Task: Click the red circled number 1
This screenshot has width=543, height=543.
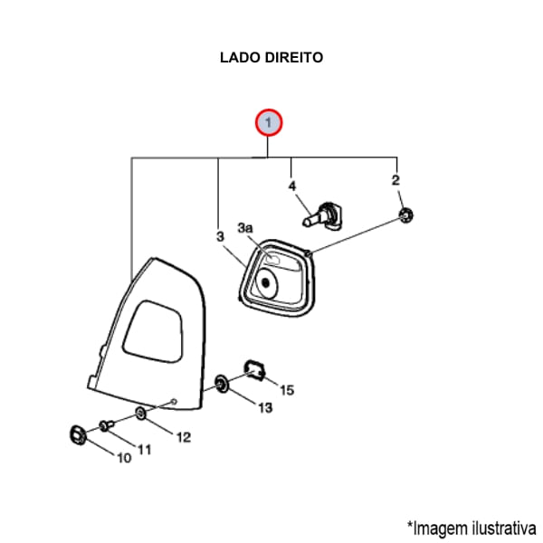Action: point(269,122)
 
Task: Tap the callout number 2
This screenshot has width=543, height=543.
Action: point(395,181)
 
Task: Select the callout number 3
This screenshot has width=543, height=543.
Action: point(220,236)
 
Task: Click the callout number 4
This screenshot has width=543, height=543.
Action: point(291,187)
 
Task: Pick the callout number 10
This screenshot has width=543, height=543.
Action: point(123,458)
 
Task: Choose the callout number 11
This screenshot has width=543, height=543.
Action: point(145,449)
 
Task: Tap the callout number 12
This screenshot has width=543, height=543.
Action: point(183,437)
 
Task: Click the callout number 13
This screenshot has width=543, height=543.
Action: point(265,408)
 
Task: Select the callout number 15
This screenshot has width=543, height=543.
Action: point(287,390)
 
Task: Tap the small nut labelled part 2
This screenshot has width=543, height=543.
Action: point(407,215)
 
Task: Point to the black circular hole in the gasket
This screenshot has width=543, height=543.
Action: point(266,282)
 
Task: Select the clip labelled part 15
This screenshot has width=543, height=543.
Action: point(253,367)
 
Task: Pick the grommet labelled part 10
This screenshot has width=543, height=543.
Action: point(78,433)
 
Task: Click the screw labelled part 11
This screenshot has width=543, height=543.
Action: point(107,424)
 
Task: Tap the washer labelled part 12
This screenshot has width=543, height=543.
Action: point(140,414)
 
